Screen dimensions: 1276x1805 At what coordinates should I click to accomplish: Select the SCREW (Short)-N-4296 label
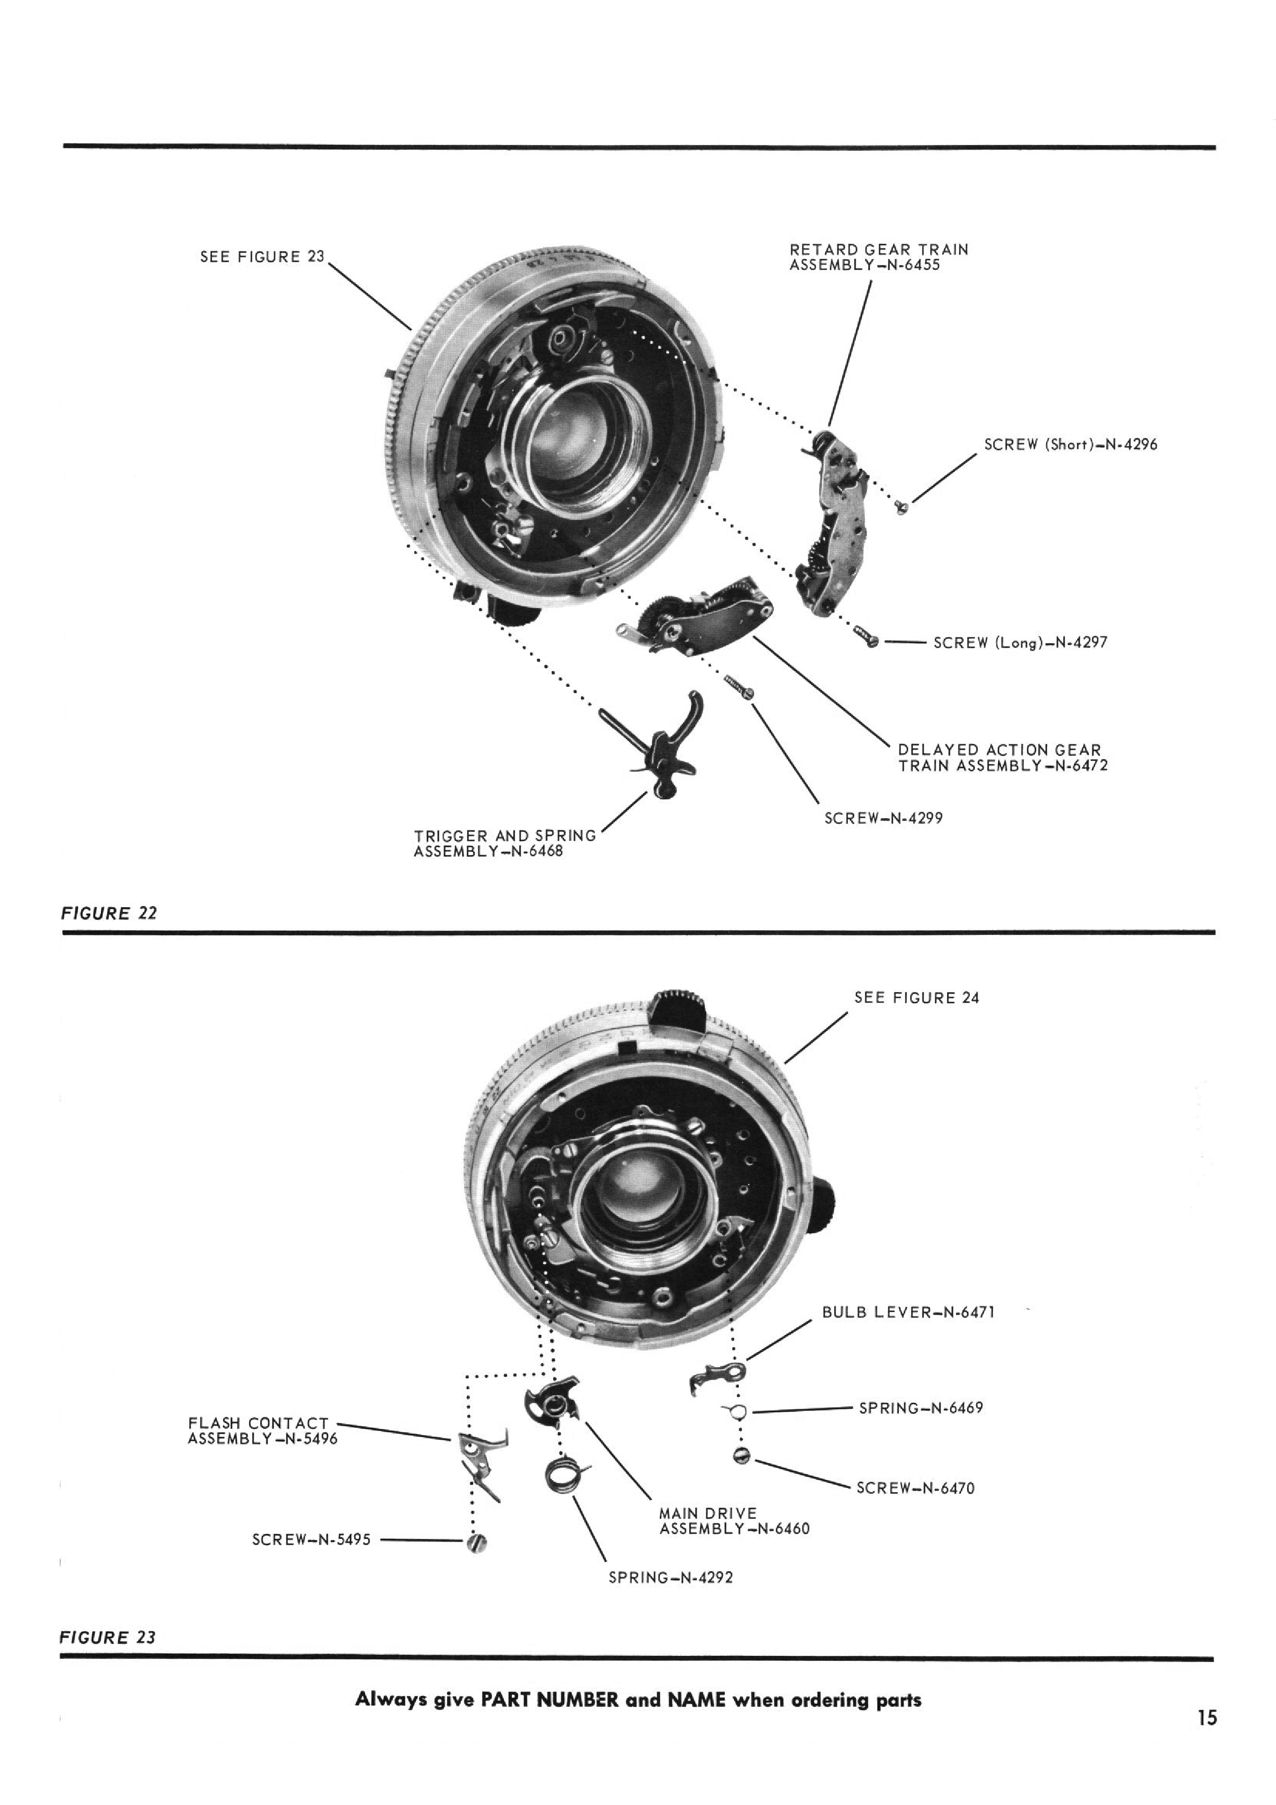tap(1071, 444)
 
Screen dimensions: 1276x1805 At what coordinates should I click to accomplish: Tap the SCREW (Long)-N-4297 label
tap(1020, 642)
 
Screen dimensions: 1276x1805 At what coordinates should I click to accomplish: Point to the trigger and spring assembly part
tap(658, 743)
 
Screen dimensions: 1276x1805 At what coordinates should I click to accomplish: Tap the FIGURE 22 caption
tap(109, 913)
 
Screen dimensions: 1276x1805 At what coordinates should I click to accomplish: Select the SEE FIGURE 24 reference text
tap(917, 998)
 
